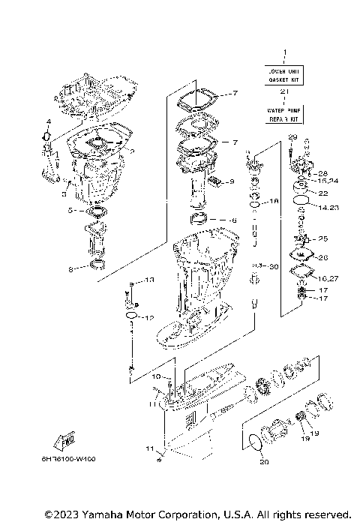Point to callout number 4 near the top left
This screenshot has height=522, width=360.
48,121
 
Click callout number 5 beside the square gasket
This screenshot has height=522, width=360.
70,211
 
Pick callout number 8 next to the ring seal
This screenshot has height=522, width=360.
70,268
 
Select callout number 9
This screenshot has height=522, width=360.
232,181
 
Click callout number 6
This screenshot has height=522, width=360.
233,220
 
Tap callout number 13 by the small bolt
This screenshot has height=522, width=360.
149,280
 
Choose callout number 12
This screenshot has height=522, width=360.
149,317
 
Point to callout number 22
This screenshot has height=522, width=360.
323,193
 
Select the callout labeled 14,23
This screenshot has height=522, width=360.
328,208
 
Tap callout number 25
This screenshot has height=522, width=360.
323,238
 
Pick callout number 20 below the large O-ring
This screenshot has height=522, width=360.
263,462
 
